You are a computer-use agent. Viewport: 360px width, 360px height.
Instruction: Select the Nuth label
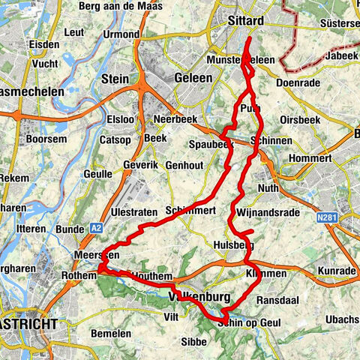pos(268,187)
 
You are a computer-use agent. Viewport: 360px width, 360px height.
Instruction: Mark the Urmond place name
pos(122,34)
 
